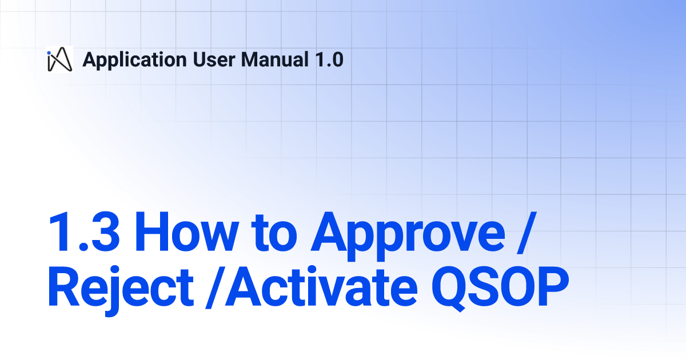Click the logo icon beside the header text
(x=59, y=59)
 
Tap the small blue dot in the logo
(x=49, y=53)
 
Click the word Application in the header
(x=135, y=60)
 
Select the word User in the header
(x=214, y=59)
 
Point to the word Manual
(x=275, y=59)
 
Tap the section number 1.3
(x=83, y=232)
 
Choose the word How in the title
(x=186, y=232)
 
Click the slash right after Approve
(x=527, y=233)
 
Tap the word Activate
(x=321, y=286)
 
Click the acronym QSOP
(x=500, y=288)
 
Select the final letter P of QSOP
(x=552, y=286)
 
